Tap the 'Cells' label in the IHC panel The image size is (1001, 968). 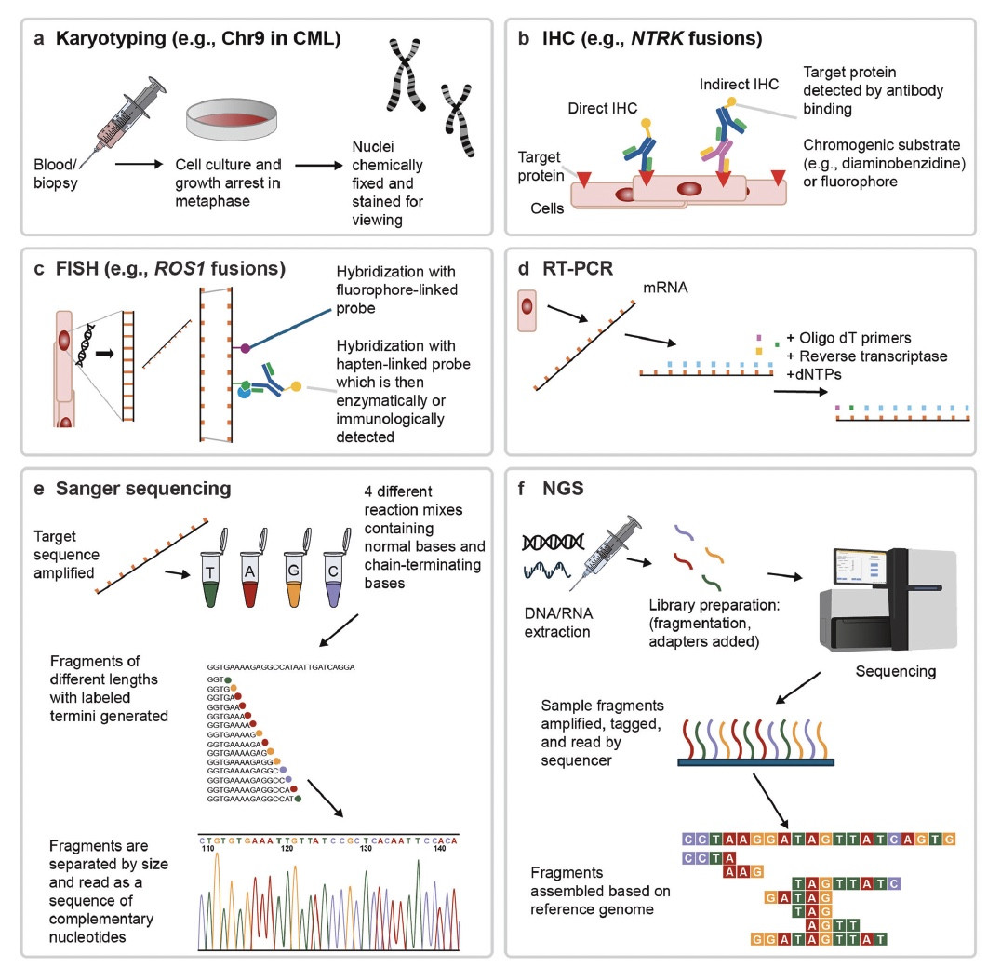click(x=545, y=208)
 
